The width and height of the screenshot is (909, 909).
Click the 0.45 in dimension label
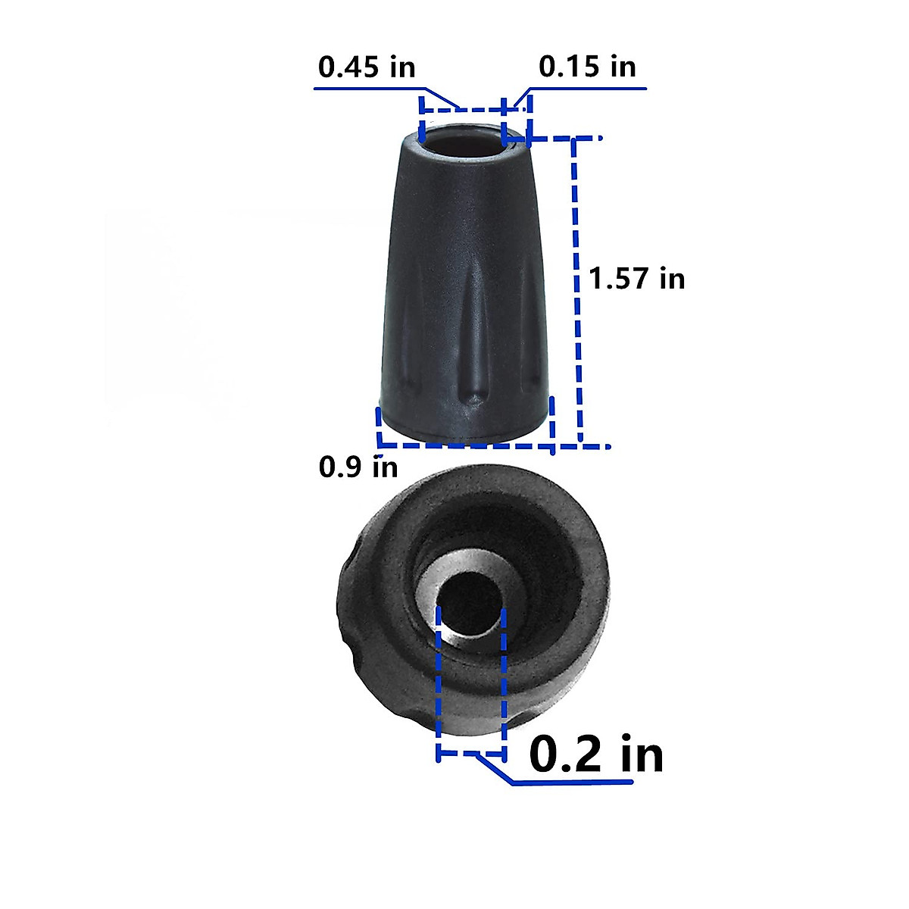[367, 67]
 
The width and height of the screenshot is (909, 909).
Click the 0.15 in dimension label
[587, 67]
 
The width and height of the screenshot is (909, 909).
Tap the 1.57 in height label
[637, 278]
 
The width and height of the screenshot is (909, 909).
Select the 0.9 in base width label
[358, 467]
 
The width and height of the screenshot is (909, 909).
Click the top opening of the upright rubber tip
[464, 140]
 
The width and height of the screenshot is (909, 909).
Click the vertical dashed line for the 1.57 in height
[577, 291]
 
